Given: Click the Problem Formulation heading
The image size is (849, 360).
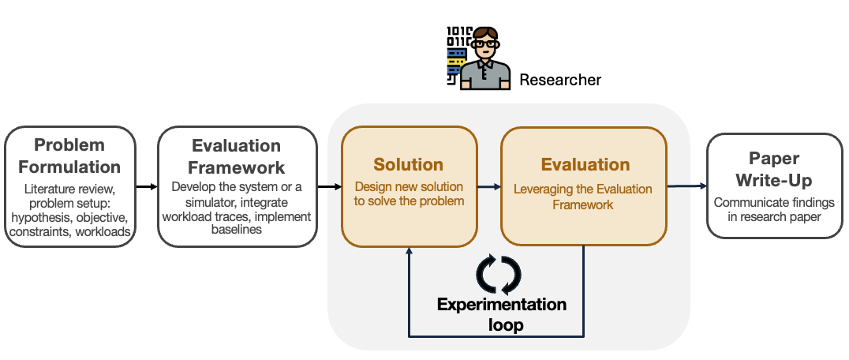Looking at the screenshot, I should click(69, 156).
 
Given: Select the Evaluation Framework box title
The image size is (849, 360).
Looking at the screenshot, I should click(237, 156).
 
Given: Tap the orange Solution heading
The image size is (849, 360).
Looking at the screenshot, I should click(409, 165).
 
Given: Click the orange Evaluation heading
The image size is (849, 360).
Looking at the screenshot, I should click(585, 165).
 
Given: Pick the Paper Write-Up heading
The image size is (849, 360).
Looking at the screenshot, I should click(764, 167).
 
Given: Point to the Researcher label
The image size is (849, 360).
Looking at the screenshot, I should click(560, 80).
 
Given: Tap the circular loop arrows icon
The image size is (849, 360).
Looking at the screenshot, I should click(499, 274).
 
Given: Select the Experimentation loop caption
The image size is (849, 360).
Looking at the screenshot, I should click(502, 314).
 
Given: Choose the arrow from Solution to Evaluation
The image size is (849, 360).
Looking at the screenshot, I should click(489, 186).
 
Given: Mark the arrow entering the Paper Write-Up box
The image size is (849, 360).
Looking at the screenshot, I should click(686, 186).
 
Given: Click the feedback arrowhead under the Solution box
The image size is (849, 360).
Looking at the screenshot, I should click(410, 251).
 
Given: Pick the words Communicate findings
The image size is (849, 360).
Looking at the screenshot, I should click(763, 203).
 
